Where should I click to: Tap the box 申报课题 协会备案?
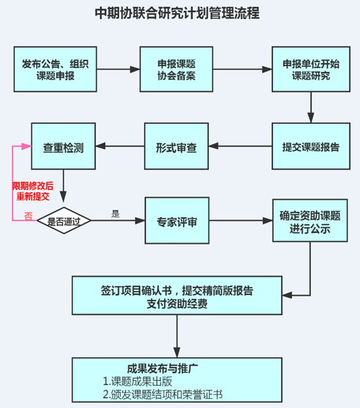[x=176, y=69]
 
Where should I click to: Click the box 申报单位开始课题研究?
[x=311, y=69]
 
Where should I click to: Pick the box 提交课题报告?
[x=311, y=146]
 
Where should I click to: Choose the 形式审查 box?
[x=176, y=146]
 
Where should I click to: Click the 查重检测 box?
[x=64, y=146]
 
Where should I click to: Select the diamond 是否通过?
[x=64, y=221]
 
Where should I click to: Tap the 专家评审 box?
[x=176, y=221]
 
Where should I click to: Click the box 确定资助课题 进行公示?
[x=311, y=222]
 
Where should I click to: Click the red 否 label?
[x=28, y=215]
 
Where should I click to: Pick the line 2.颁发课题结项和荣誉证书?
[x=167, y=394]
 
